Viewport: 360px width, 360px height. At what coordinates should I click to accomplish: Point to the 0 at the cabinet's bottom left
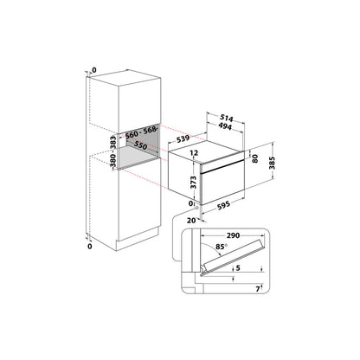[90, 247]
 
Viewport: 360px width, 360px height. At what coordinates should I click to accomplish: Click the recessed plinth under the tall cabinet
[127, 235]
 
